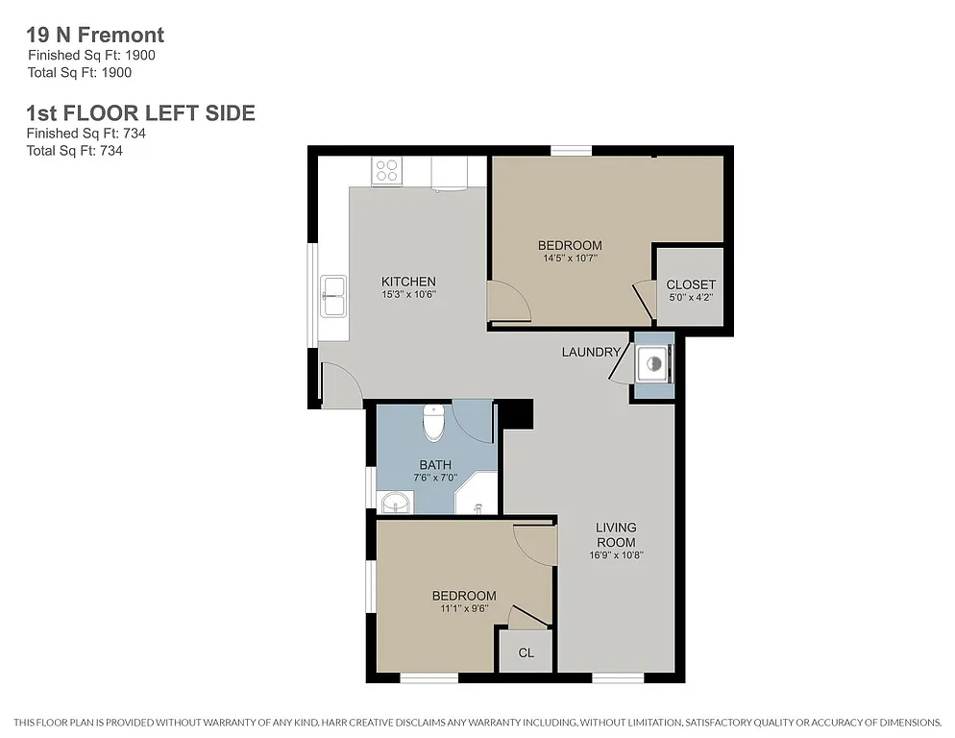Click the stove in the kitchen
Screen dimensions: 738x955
tap(386, 171)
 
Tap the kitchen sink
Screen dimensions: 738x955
tap(334, 295)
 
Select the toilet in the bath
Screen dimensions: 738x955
tap(434, 422)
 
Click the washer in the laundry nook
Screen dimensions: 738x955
tap(652, 364)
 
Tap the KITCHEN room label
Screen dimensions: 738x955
tap(408, 282)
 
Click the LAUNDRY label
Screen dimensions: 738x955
tap(591, 352)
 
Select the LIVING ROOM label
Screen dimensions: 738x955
tap(616, 534)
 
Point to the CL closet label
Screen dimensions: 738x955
tap(526, 653)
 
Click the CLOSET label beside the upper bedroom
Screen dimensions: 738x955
tap(690, 284)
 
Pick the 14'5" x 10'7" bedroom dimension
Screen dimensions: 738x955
tap(570, 258)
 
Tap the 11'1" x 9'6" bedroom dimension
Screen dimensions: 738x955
tap(463, 608)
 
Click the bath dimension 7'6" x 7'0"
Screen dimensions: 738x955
tap(434, 478)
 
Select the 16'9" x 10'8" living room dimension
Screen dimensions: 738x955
tap(616, 554)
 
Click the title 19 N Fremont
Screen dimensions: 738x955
tap(95, 36)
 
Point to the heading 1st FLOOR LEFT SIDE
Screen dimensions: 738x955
tap(140, 113)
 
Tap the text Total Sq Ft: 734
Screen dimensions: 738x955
tap(74, 150)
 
